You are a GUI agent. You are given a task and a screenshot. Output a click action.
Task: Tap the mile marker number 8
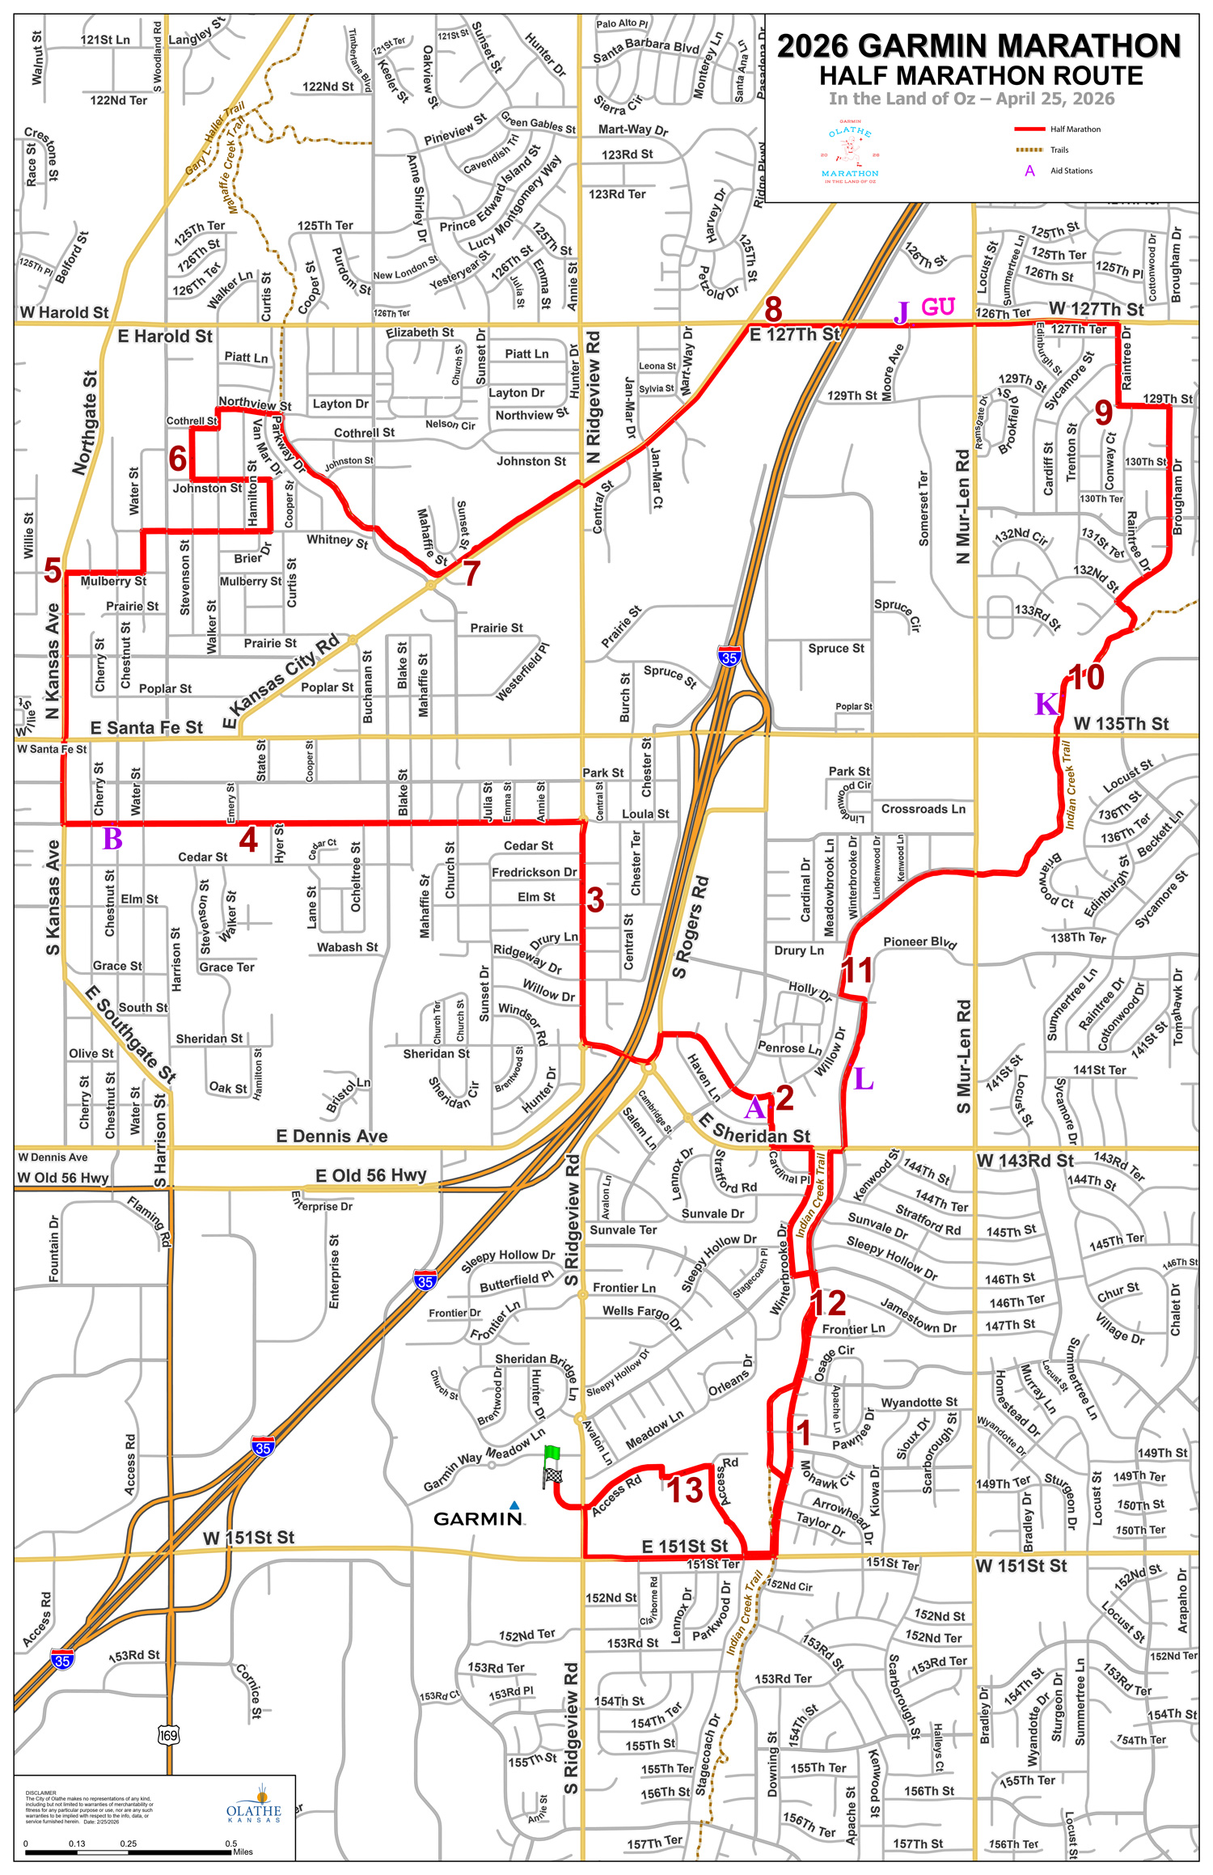click(x=773, y=309)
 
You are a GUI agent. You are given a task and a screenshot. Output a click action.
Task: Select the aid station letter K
click(x=1046, y=704)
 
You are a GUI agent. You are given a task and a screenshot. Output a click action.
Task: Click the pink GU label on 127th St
click(x=938, y=307)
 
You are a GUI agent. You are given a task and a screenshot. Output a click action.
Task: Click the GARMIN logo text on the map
click(x=478, y=1518)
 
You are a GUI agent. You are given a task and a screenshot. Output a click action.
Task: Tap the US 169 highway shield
click(x=168, y=1735)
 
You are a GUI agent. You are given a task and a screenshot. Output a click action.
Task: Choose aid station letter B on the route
click(x=112, y=840)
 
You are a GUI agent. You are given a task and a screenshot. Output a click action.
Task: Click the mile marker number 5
click(x=53, y=570)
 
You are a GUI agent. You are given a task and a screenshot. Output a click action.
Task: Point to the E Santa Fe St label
click(x=146, y=728)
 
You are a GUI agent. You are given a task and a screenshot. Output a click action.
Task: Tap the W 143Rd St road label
click(x=1025, y=1161)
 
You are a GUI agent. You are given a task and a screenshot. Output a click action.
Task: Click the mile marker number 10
click(x=1086, y=678)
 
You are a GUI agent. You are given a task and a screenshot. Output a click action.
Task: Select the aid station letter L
click(x=863, y=1079)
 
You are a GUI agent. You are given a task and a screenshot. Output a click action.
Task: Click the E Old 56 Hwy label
click(x=370, y=1175)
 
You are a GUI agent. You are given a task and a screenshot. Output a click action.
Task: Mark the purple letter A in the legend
click(x=1029, y=171)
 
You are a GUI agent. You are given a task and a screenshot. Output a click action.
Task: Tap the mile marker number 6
click(x=178, y=459)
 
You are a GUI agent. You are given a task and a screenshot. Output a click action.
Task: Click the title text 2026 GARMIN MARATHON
click(x=979, y=47)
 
